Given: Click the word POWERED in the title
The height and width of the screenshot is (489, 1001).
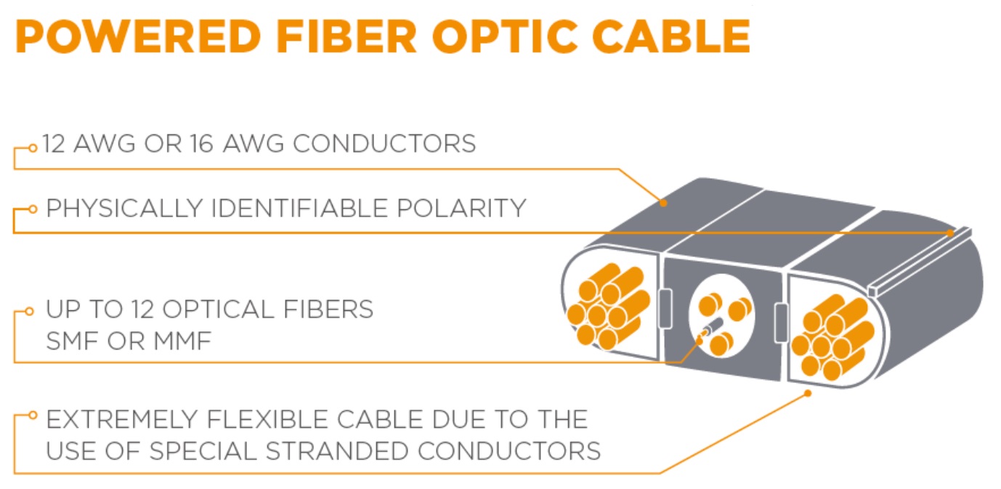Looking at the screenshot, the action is pos(138,36).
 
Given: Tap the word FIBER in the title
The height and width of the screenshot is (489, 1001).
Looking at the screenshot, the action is pos(346,36).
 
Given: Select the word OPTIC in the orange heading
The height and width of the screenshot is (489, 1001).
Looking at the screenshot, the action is pos(505,36).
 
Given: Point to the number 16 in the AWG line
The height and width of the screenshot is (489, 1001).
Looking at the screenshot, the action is pos(200,144).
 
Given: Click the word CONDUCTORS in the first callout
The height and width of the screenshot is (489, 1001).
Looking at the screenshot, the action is pos(384,144).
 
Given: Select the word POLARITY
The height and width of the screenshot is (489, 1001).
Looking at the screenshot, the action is pos(461,209).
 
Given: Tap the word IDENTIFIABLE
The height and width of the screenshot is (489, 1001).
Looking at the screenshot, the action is pos(299,209).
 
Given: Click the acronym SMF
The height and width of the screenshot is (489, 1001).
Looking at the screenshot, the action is pos(73,342).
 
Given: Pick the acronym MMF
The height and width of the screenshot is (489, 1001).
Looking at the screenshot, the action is pos(182,342).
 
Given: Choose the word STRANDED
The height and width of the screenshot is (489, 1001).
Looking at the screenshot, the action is pos(337,451).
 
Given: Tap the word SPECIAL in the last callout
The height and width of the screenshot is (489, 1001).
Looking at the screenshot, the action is pos(203,451).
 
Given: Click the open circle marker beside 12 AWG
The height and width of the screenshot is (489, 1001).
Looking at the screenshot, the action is pos(33,148).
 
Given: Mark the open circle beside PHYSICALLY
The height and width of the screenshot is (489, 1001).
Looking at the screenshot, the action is pos(33,209).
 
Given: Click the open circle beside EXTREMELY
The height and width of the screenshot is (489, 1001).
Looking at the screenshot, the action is pos(33,415).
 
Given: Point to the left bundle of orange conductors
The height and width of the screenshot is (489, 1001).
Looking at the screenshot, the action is pos(609,307).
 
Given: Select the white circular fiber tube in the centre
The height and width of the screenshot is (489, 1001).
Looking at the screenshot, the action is pos(722,316).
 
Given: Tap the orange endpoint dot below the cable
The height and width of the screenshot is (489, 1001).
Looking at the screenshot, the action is pos(808,393).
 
